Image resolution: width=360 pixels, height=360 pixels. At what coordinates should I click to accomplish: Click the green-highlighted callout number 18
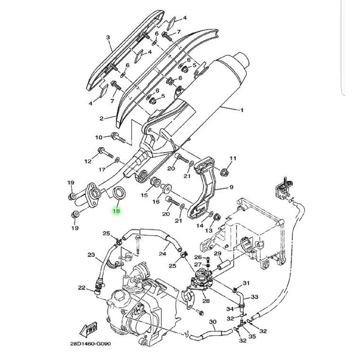point(116,211)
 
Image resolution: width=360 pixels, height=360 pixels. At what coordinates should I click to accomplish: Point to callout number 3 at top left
point(108,37)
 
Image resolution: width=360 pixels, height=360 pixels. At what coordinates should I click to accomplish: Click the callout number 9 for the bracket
point(231,187)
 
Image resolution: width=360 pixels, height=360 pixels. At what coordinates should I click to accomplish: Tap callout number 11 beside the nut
point(233,158)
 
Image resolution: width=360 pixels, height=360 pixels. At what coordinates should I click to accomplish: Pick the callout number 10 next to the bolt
point(99,138)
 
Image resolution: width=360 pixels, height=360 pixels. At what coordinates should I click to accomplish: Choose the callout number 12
point(88,161)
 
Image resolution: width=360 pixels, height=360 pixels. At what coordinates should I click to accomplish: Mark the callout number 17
point(102,169)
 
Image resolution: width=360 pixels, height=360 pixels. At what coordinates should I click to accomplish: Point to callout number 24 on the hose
point(162,254)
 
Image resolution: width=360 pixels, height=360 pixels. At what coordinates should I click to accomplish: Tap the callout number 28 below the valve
point(206,300)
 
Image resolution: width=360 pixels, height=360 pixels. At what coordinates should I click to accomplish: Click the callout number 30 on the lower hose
point(213,322)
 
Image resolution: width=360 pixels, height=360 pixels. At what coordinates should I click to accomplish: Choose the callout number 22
point(82,288)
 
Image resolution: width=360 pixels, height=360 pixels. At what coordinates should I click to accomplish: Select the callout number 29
point(218,254)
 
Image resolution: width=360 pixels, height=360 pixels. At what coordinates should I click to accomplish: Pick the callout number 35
point(252,336)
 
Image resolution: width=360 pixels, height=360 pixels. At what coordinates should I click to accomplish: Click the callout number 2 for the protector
point(101,118)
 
